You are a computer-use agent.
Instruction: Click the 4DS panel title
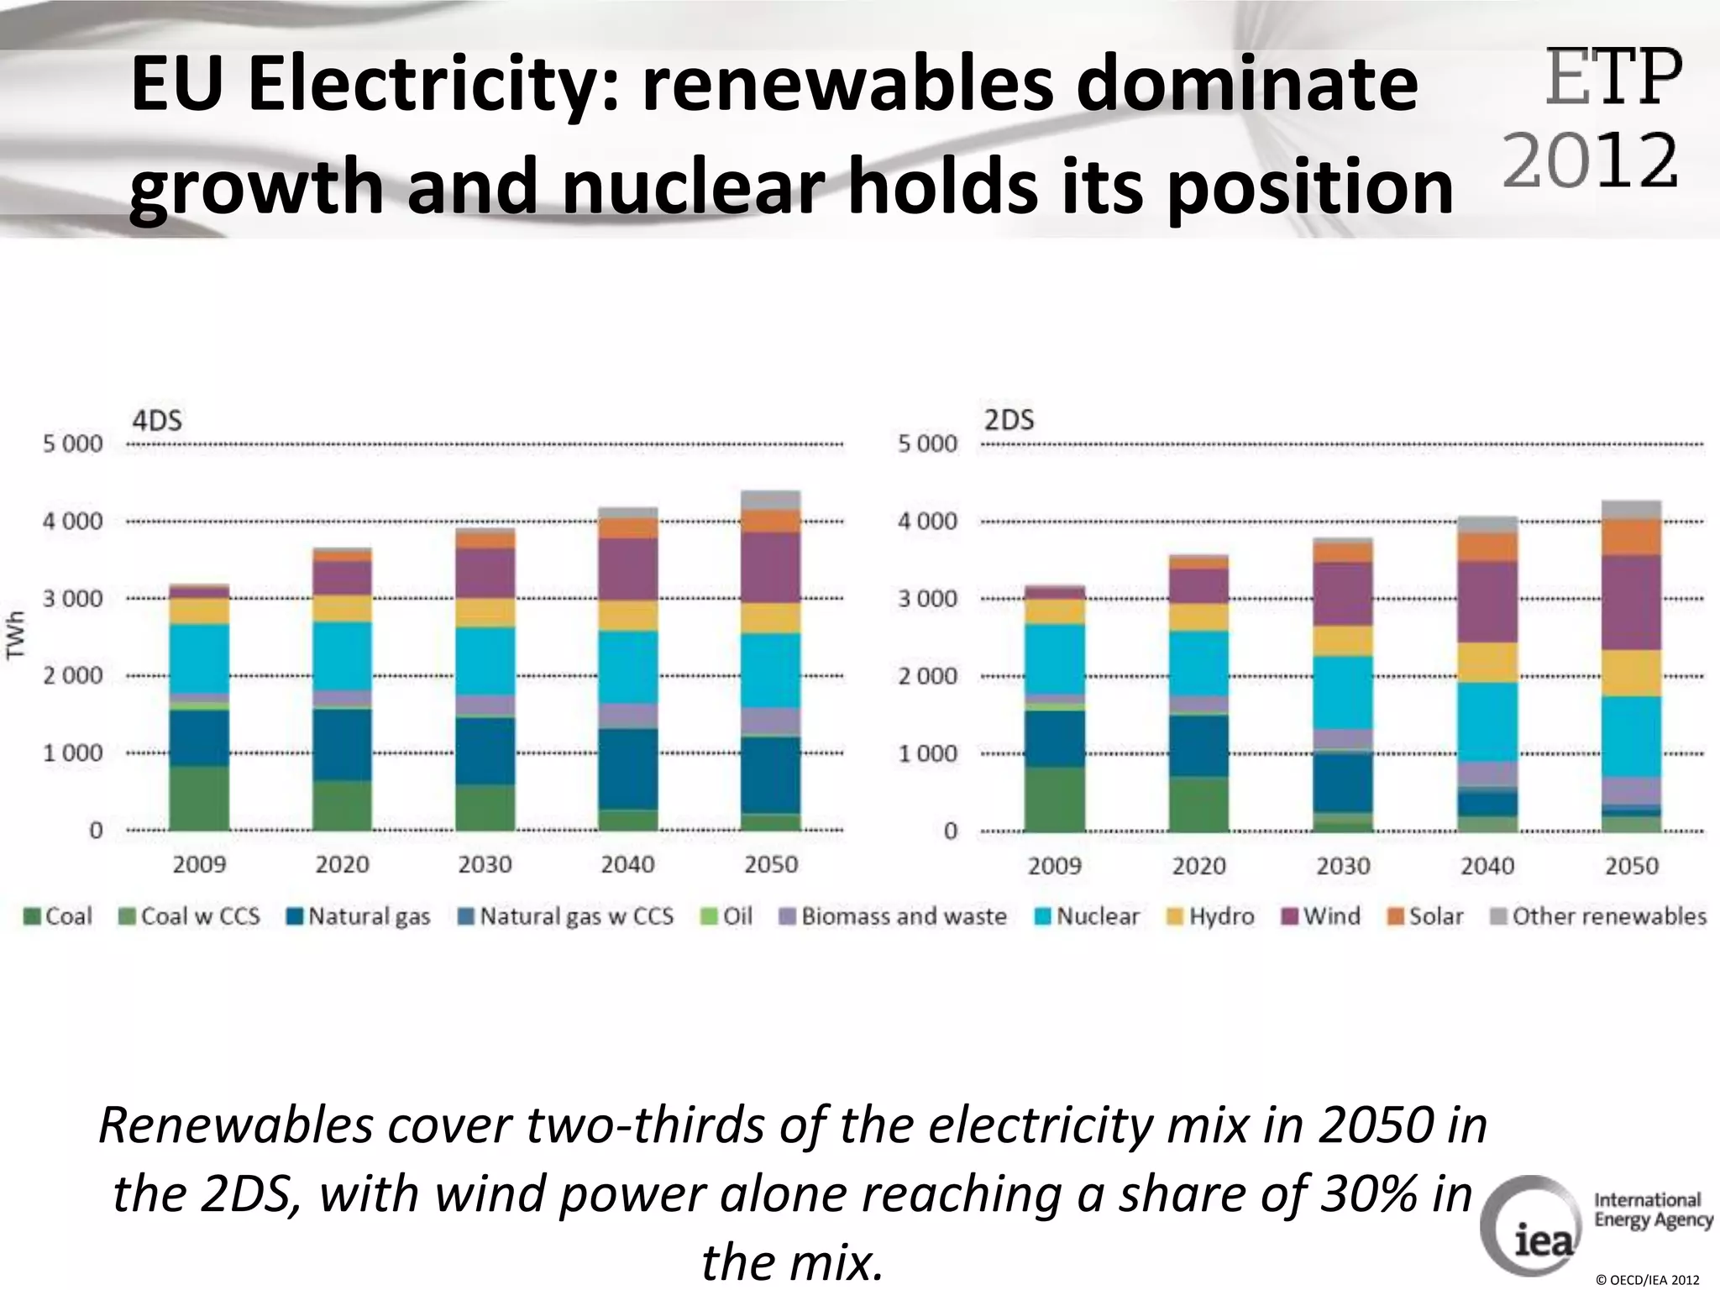[157, 419]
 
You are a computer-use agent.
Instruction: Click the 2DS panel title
[1009, 419]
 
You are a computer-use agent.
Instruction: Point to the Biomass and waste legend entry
[894, 915]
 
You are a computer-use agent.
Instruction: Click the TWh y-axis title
[16, 635]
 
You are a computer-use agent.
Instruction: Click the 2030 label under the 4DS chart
[485, 864]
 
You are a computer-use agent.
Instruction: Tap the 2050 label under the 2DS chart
[1631, 866]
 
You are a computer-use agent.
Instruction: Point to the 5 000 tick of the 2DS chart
[927, 443]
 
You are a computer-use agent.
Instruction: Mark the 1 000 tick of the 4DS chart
[73, 753]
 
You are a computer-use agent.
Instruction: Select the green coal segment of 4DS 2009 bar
[199, 798]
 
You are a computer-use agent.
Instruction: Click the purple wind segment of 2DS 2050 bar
[1631, 602]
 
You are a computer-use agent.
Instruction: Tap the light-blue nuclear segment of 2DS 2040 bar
[1487, 722]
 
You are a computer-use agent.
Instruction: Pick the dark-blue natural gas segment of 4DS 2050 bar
[771, 775]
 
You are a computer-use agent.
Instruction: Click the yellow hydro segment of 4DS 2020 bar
[342, 608]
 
